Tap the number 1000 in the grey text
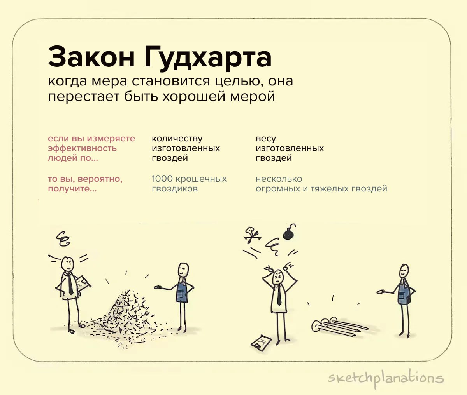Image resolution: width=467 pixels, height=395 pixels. (162, 179)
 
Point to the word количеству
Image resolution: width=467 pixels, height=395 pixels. (177, 139)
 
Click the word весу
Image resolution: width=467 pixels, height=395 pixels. (266, 139)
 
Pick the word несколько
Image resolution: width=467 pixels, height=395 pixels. (279, 179)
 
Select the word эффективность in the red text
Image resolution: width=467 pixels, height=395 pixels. (82, 148)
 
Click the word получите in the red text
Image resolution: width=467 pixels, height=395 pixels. (72, 189)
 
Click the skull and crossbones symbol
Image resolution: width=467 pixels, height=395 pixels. (253, 235)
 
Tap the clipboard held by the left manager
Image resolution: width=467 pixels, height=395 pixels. (83, 284)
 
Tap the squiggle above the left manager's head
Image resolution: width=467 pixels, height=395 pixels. (63, 239)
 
